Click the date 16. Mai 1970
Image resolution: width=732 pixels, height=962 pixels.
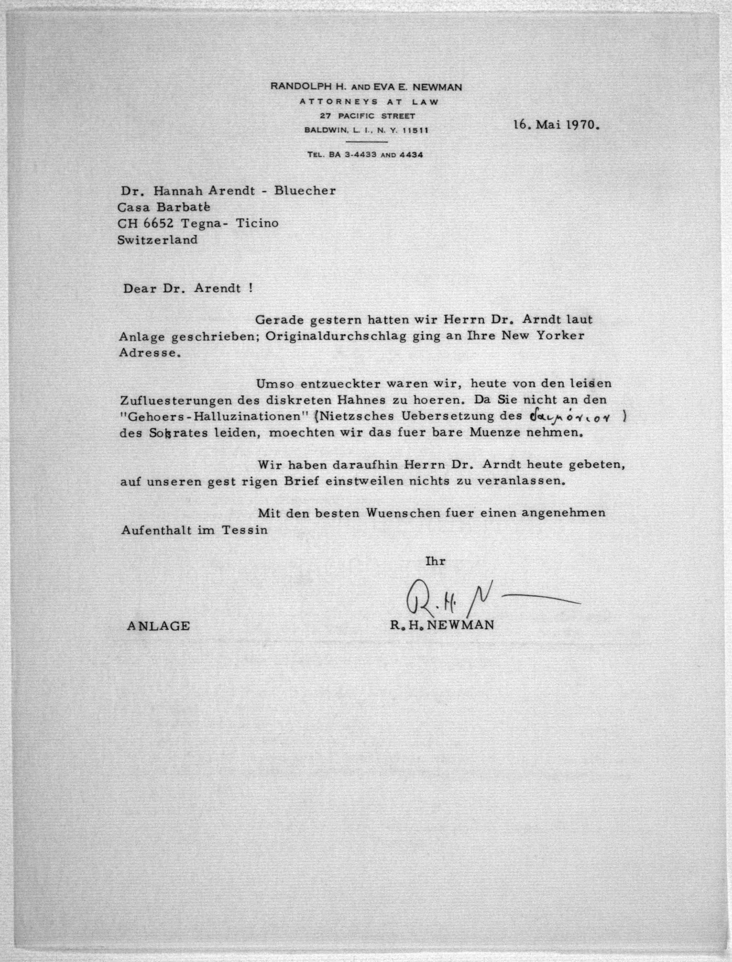coord(556,125)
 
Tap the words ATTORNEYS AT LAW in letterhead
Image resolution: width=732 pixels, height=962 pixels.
coord(369,102)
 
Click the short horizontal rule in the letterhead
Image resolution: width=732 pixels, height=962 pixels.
coord(366,142)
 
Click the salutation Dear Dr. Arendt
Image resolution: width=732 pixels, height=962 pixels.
coord(187,289)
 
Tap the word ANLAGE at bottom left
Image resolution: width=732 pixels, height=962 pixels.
coord(158,626)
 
